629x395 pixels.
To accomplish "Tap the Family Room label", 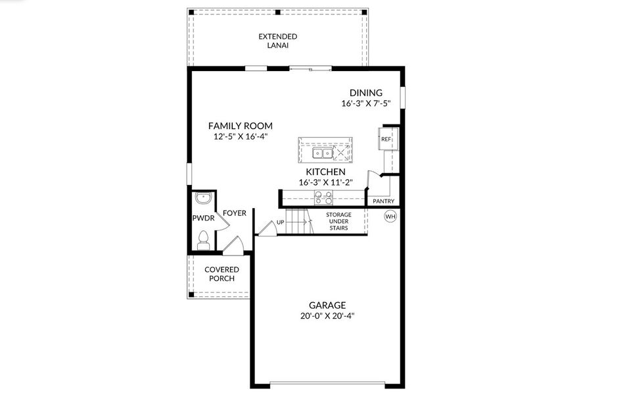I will coord(240,126).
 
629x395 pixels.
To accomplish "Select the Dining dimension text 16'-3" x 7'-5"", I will coord(365,103).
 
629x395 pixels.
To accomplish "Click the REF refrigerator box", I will coord(386,140).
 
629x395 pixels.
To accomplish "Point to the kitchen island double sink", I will coord(322,153).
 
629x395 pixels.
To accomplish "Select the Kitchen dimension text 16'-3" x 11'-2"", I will coord(326,182).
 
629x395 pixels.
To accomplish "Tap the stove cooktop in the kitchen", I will coord(323,197).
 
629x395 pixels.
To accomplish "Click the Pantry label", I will coord(383,201).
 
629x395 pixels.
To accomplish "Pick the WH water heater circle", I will coord(390,216).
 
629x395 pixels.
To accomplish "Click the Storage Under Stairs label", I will coord(338,221).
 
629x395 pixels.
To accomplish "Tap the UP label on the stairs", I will coord(281,222).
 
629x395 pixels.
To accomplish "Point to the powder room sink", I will coord(203,197).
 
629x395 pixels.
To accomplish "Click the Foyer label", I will coord(235,213).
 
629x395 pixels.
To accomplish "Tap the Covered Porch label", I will coord(222,274).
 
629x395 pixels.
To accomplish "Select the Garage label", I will coord(327,305).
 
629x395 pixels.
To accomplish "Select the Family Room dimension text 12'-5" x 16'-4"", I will coord(240,136).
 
